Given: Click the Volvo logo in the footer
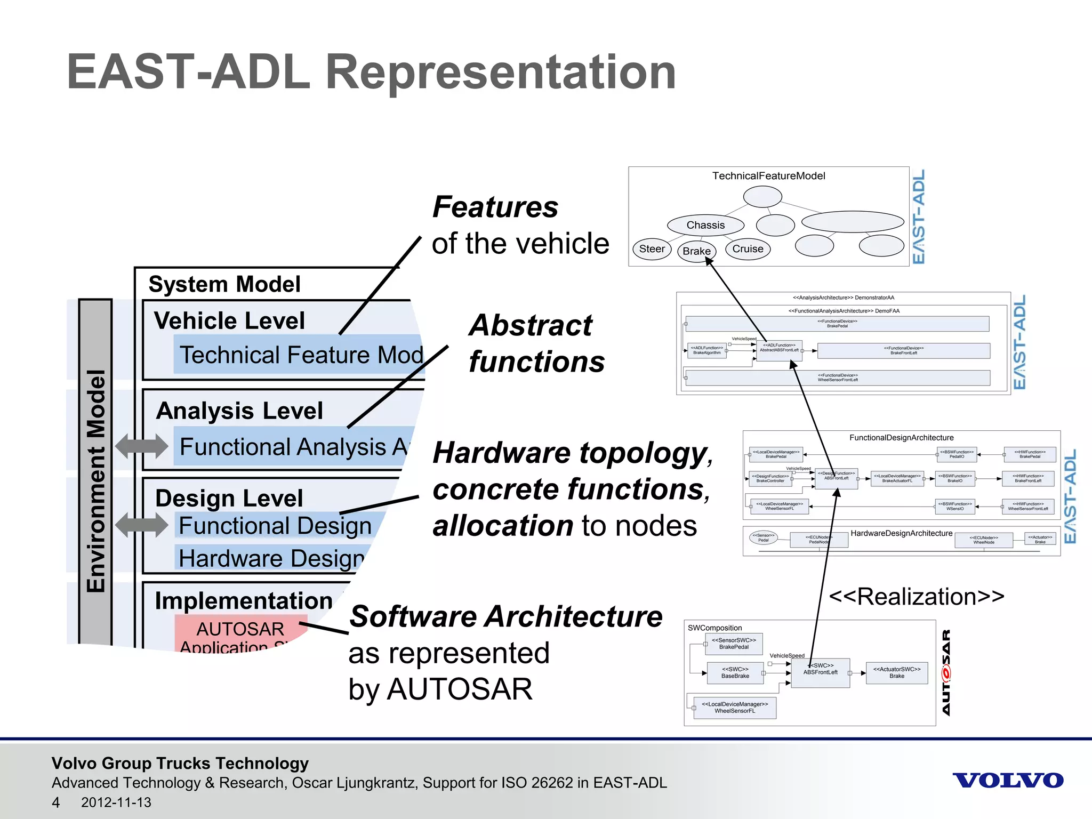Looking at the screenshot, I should point(1008,781).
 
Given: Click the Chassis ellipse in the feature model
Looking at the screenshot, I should point(705,225).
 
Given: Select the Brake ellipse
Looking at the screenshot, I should point(696,251).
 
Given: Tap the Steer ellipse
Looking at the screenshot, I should point(652,249).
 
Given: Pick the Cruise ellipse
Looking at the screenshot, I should point(748,249).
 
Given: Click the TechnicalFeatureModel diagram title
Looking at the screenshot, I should point(768,176).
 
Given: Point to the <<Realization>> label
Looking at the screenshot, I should point(917,596).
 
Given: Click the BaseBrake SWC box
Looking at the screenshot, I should point(735,673).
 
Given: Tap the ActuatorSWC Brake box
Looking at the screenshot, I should point(897,673).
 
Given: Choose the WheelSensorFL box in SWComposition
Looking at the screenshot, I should point(735,708).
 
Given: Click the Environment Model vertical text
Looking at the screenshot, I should point(96,480).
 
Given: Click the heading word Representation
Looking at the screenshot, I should point(501,72).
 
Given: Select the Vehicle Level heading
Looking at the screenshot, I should point(229,321).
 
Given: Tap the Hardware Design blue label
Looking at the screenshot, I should point(271,558).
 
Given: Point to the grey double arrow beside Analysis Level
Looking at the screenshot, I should point(141,446).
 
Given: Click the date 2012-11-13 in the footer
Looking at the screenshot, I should point(116,802).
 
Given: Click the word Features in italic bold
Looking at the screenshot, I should point(495,207).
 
